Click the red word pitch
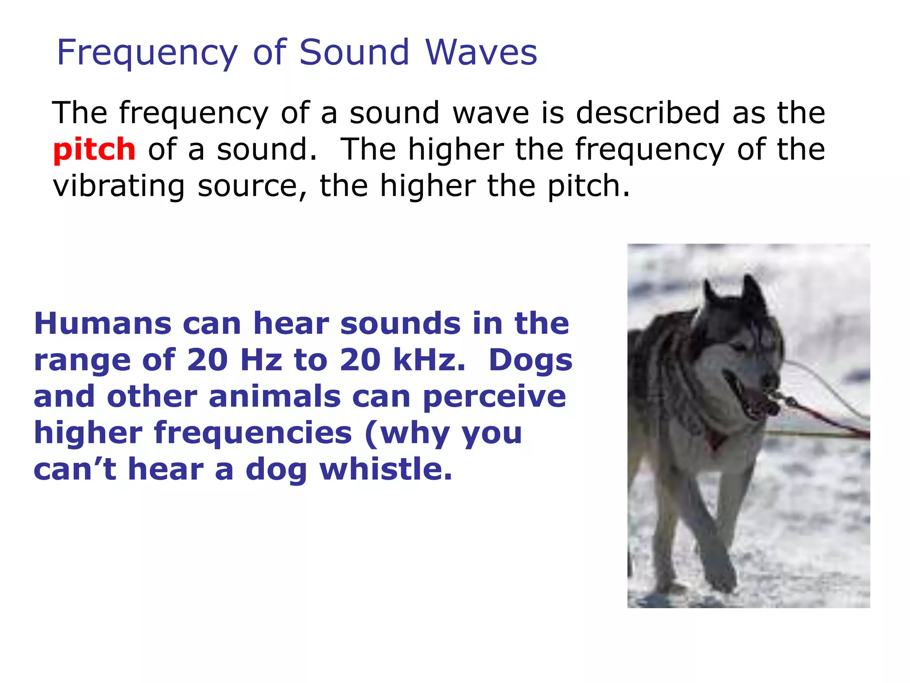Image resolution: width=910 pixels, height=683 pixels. click(94, 149)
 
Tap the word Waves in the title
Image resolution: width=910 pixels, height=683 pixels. click(481, 52)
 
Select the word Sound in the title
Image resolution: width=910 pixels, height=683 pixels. click(354, 52)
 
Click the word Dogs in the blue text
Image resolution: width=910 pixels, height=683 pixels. click(531, 361)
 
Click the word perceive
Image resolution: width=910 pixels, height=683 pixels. click(494, 397)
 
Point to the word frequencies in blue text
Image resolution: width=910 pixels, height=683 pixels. click(253, 434)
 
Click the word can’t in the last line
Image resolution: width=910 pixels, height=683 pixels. click(75, 469)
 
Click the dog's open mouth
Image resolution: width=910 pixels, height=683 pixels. click(751, 398)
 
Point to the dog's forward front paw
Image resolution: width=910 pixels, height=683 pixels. click(722, 578)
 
